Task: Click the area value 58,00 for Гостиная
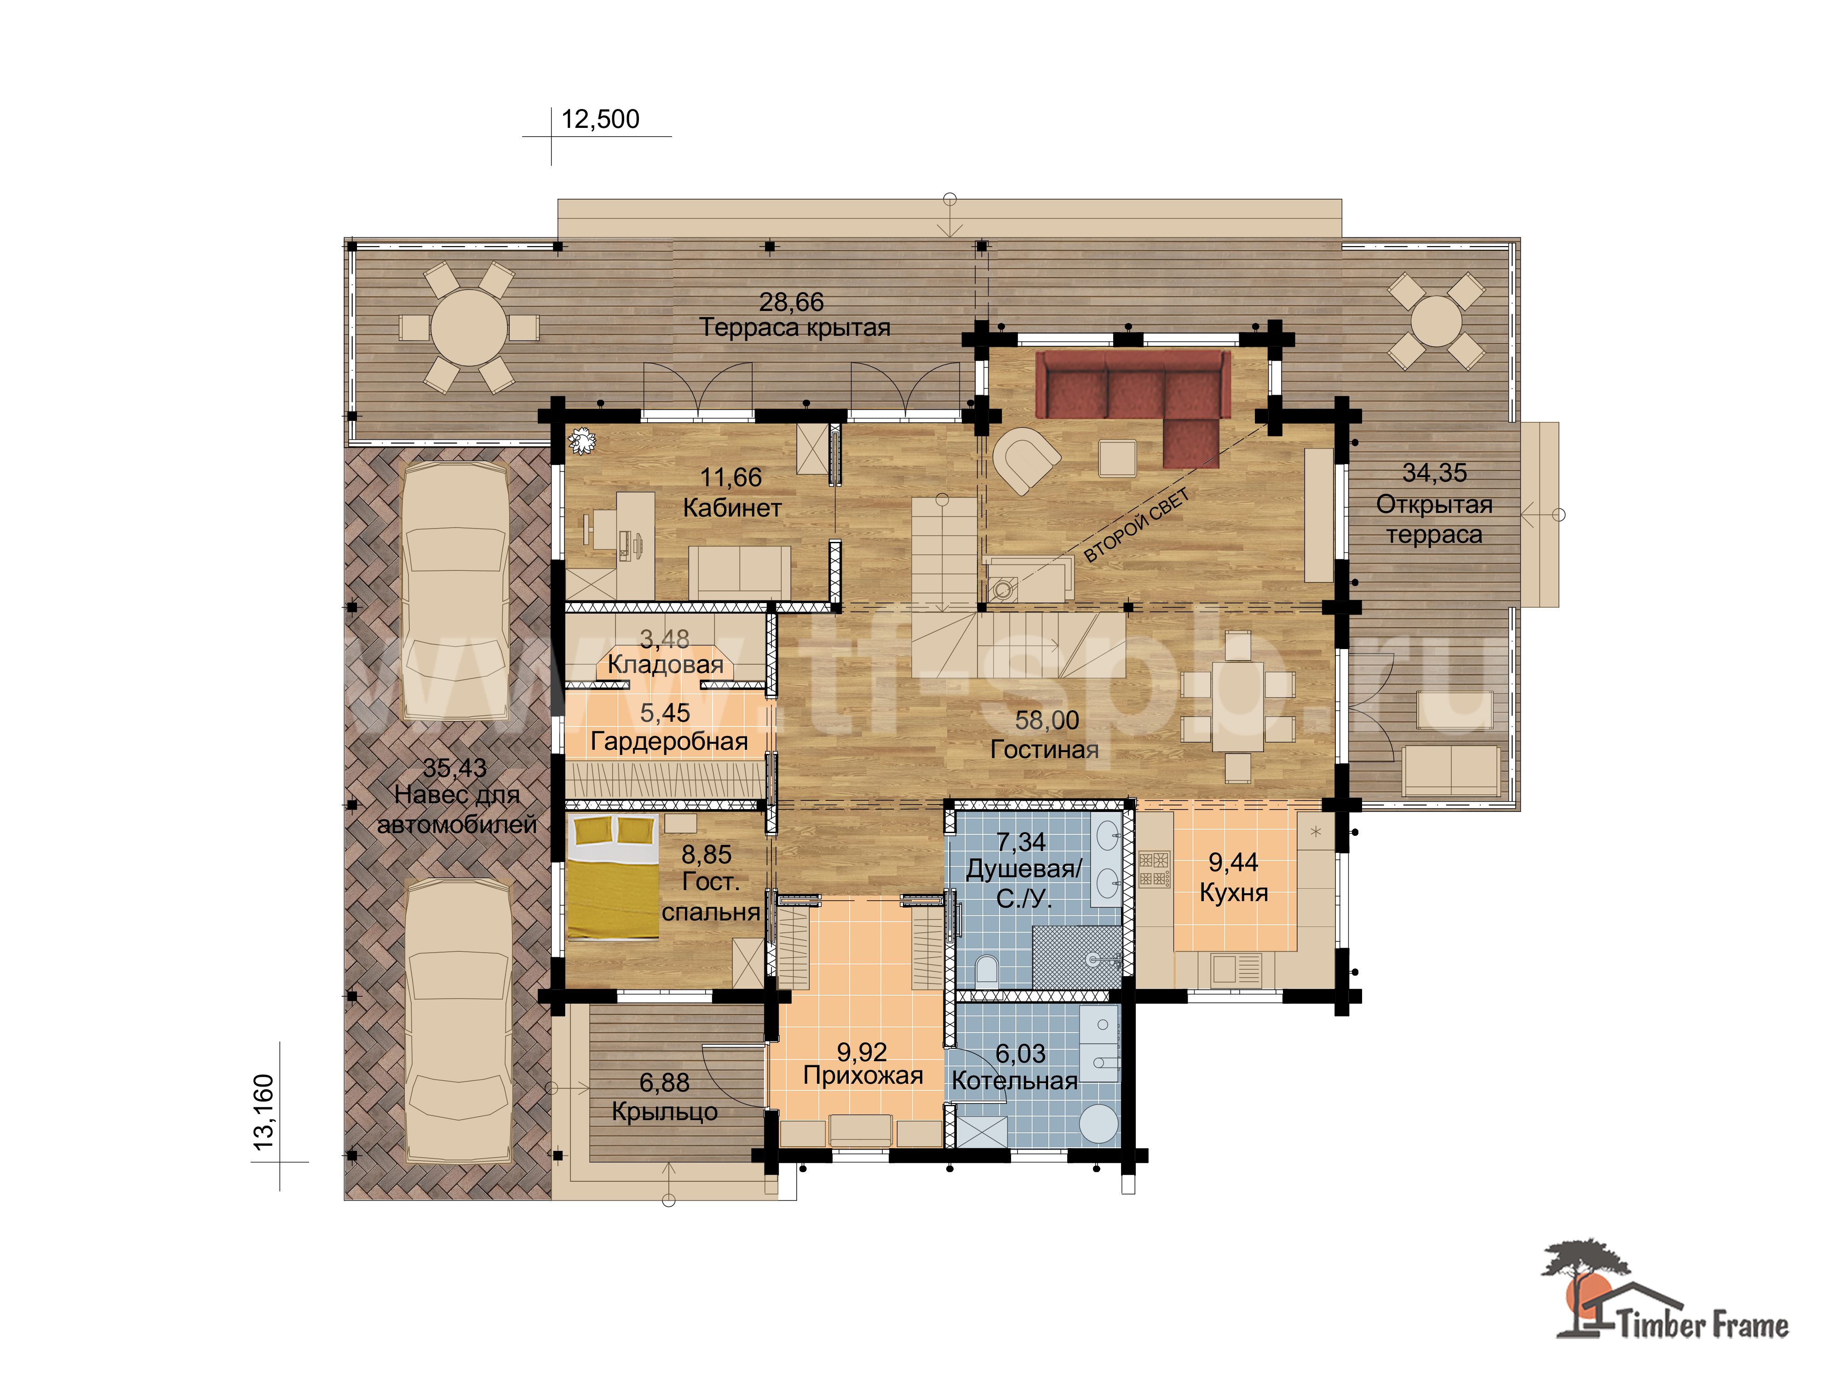tap(1046, 720)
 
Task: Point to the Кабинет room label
tap(732, 508)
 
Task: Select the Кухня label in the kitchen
tap(1234, 892)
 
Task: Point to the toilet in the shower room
tap(987, 970)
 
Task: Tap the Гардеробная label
tap(669, 741)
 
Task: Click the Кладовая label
tap(666, 665)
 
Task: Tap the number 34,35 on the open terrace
tap(1434, 472)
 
